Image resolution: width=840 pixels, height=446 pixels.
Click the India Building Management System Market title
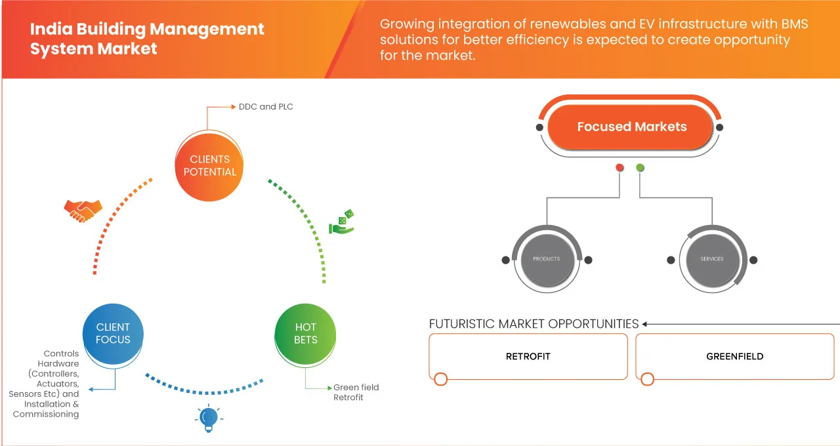tap(147, 39)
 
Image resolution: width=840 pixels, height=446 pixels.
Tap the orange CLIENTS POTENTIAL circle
tap(210, 165)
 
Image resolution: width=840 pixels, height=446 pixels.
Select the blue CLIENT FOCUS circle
tap(113, 333)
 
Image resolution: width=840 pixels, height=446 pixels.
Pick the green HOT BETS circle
tap(305, 333)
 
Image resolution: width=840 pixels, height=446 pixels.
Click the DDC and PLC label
tap(266, 106)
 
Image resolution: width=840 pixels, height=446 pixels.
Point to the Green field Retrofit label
tap(356, 392)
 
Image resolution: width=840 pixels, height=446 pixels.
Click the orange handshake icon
tap(83, 210)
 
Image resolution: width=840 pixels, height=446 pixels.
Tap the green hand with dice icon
tap(341, 222)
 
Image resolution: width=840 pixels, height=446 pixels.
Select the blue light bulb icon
tap(208, 418)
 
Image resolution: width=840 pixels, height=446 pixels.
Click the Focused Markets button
tap(631, 127)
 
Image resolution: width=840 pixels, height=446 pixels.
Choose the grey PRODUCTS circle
tap(546, 259)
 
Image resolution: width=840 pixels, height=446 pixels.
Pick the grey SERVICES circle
tap(711, 259)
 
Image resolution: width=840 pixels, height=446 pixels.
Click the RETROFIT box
tap(528, 356)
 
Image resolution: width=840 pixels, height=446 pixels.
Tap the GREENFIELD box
tap(734, 356)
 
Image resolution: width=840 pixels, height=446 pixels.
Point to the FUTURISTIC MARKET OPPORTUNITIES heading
tap(534, 324)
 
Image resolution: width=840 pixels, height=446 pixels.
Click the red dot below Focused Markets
tap(619, 168)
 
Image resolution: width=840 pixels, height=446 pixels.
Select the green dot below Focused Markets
tap(640, 168)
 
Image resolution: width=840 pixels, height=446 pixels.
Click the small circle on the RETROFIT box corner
tap(441, 379)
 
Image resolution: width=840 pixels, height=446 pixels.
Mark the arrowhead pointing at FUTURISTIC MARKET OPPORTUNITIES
tap(645, 324)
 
